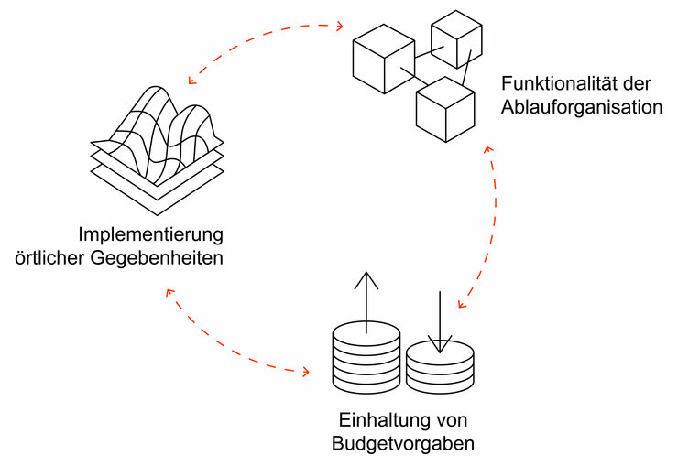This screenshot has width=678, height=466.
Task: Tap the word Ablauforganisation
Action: tap(581, 106)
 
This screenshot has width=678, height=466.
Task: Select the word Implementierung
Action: tap(151, 233)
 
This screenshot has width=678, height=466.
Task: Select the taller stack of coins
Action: tap(366, 357)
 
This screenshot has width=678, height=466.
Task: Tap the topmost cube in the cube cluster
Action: tap(456, 38)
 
